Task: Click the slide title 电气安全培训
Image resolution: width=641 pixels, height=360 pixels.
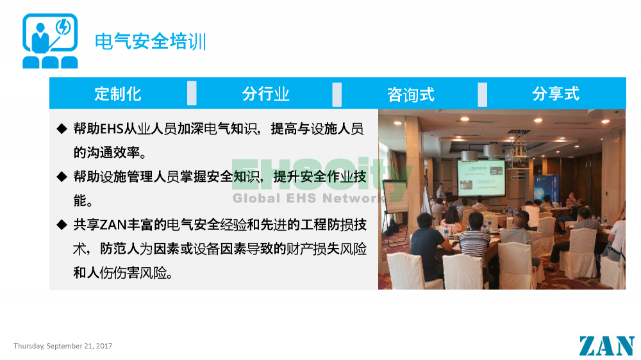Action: coord(150,41)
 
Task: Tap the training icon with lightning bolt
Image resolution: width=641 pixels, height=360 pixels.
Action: coord(50,41)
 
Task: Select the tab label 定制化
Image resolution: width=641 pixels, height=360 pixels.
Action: coord(118,94)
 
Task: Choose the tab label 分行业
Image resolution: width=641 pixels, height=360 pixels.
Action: coord(266,94)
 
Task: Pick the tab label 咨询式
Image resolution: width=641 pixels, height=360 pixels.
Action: coord(411,94)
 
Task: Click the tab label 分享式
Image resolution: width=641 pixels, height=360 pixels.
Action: coord(556,94)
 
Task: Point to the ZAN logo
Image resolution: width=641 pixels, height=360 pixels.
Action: coord(606,346)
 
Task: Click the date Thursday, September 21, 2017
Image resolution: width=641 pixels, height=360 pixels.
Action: coord(63,346)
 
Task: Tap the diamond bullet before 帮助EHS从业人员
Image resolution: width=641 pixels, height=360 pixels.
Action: coord(62,129)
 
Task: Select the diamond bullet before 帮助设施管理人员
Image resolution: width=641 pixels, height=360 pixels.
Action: coord(62,177)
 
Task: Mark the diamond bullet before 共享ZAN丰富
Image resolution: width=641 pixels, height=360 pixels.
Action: coord(62,224)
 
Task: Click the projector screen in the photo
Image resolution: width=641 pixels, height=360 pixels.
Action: coord(481,178)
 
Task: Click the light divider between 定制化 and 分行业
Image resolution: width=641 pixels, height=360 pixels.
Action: coord(192,93)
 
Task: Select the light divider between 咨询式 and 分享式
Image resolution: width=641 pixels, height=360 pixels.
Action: coord(483,94)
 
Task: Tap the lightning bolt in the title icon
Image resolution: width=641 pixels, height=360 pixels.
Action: coord(63,27)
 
